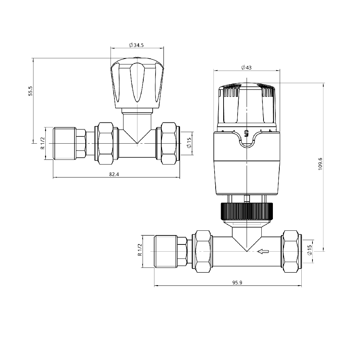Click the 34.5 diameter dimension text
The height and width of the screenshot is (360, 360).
pyautogui.click(x=136, y=45)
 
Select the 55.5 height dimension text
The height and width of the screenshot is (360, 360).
pyautogui.click(x=31, y=90)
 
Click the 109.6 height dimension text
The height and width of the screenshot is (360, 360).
pyautogui.click(x=320, y=164)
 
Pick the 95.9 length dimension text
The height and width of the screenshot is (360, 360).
pyautogui.click(x=238, y=283)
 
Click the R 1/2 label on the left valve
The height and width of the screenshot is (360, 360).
pyautogui.click(x=42, y=143)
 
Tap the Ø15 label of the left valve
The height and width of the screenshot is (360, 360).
pyautogui.click(x=188, y=144)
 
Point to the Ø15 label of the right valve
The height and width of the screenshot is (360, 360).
pyautogui.click(x=309, y=251)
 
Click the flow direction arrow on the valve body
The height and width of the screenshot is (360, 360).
pyautogui.click(x=263, y=251)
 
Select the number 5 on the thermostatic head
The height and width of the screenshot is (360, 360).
pyautogui.click(x=247, y=133)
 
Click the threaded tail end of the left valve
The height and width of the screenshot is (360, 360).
pyautogui.click(x=65, y=143)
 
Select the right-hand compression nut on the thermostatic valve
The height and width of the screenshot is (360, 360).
pyautogui.click(x=291, y=251)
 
